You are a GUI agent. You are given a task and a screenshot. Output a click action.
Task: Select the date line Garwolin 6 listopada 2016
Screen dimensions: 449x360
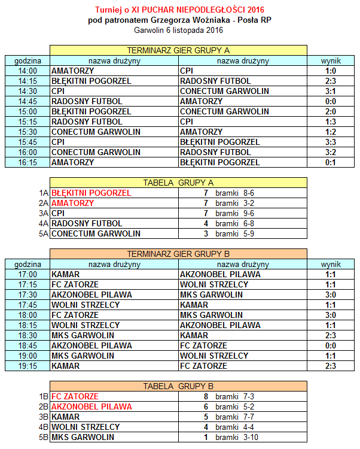pos(179,29)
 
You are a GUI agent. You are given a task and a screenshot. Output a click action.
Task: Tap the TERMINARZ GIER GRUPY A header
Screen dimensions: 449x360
pos(178,50)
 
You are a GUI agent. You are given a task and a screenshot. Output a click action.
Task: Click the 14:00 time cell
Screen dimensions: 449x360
pos(28,71)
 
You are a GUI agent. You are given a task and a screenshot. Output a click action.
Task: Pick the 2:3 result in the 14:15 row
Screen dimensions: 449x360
pos(331,81)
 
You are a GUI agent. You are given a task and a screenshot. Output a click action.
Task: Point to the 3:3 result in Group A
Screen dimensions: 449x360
pos(331,142)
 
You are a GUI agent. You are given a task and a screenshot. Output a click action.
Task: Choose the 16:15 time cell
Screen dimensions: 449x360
pos(28,162)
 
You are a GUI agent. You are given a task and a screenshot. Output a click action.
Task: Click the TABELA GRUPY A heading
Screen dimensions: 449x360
pos(178,183)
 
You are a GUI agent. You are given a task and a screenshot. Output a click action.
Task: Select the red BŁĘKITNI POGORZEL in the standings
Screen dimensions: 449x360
pos(91,193)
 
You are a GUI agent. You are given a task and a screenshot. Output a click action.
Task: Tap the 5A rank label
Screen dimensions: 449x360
pos(43,233)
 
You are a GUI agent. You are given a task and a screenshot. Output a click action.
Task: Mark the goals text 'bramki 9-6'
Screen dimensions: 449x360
pos(235,213)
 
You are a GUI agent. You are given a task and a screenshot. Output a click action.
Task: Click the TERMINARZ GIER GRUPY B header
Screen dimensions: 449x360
pos(178,254)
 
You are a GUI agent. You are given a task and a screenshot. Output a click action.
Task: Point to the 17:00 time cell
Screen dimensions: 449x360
pos(28,274)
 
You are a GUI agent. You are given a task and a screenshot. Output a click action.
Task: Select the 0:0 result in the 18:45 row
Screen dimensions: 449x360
pos(331,345)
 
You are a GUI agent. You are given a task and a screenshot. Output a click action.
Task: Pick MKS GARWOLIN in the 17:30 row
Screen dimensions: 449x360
pos(211,295)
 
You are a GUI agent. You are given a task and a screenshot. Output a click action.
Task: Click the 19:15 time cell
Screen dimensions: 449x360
pos(28,366)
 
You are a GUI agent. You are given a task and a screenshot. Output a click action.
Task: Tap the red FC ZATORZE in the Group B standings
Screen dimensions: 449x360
pos(75,396)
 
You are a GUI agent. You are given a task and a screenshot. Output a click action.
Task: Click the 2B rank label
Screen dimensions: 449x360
pos(43,406)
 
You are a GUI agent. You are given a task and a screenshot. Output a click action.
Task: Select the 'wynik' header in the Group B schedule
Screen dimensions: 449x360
pos(331,264)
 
